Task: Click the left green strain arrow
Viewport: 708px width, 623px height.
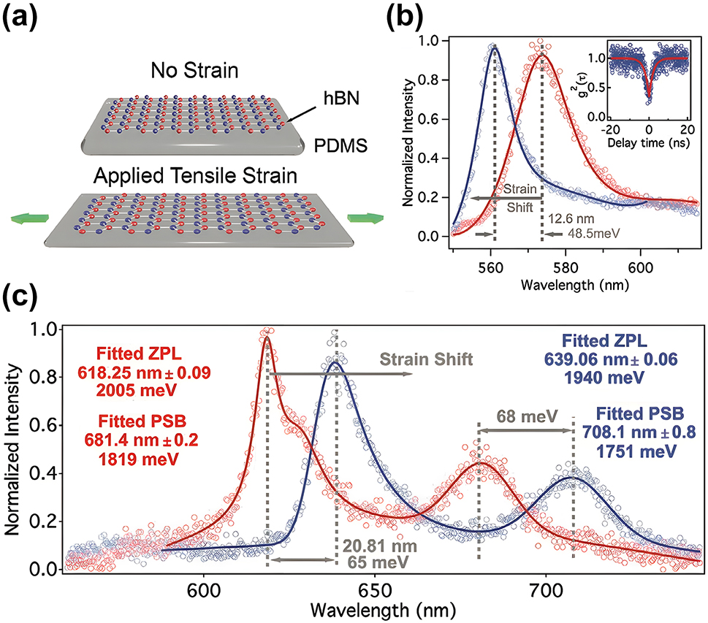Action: tap(28, 217)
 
